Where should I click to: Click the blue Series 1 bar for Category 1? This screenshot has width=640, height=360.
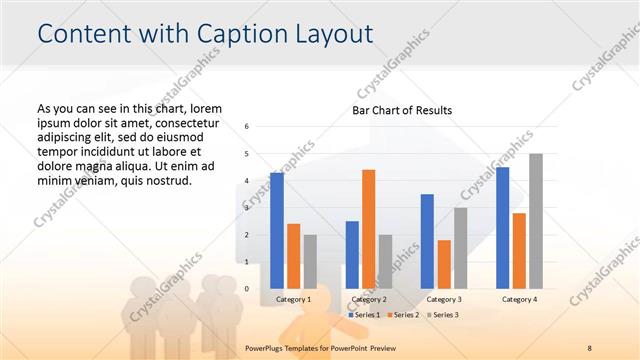[276, 231]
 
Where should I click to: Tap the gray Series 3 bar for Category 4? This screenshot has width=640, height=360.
[536, 221]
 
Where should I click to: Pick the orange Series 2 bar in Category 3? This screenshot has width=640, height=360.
[443, 264]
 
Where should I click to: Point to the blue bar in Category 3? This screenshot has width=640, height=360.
[427, 241]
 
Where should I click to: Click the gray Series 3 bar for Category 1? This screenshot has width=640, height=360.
[310, 262]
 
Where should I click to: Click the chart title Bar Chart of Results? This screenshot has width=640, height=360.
[402, 109]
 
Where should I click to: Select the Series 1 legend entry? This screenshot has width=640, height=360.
[364, 315]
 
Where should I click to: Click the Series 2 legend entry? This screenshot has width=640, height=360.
[402, 315]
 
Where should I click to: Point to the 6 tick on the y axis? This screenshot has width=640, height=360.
[247, 127]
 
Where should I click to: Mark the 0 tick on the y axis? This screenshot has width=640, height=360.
[247, 289]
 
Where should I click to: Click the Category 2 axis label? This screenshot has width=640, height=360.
[368, 299]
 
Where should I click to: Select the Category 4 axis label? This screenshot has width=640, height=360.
[519, 299]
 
